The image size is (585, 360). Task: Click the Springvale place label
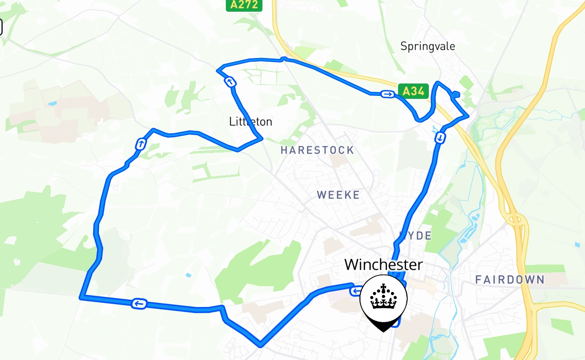(x=427, y=46)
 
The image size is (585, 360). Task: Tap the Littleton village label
(x=251, y=121)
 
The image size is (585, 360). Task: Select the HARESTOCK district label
(x=317, y=150)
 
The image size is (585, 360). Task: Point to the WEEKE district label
(x=338, y=195)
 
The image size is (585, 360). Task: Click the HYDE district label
(x=416, y=236)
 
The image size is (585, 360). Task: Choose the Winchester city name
(x=383, y=265)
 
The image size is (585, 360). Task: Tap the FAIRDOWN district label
(x=510, y=280)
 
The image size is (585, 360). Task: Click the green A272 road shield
(x=244, y=5)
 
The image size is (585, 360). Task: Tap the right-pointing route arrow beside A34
(x=387, y=94)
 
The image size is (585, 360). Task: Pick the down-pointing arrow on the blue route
(x=440, y=137)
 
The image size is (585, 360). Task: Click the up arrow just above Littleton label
(x=230, y=82)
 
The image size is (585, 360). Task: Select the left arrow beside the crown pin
(x=355, y=291)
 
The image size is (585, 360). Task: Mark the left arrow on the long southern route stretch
(x=139, y=304)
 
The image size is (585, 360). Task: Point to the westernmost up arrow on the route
(x=141, y=144)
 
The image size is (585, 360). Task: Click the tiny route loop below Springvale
(x=455, y=94)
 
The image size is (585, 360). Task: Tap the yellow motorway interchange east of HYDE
(x=515, y=220)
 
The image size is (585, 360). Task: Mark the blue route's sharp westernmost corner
(x=81, y=297)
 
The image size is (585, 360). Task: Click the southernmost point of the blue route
(x=260, y=346)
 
